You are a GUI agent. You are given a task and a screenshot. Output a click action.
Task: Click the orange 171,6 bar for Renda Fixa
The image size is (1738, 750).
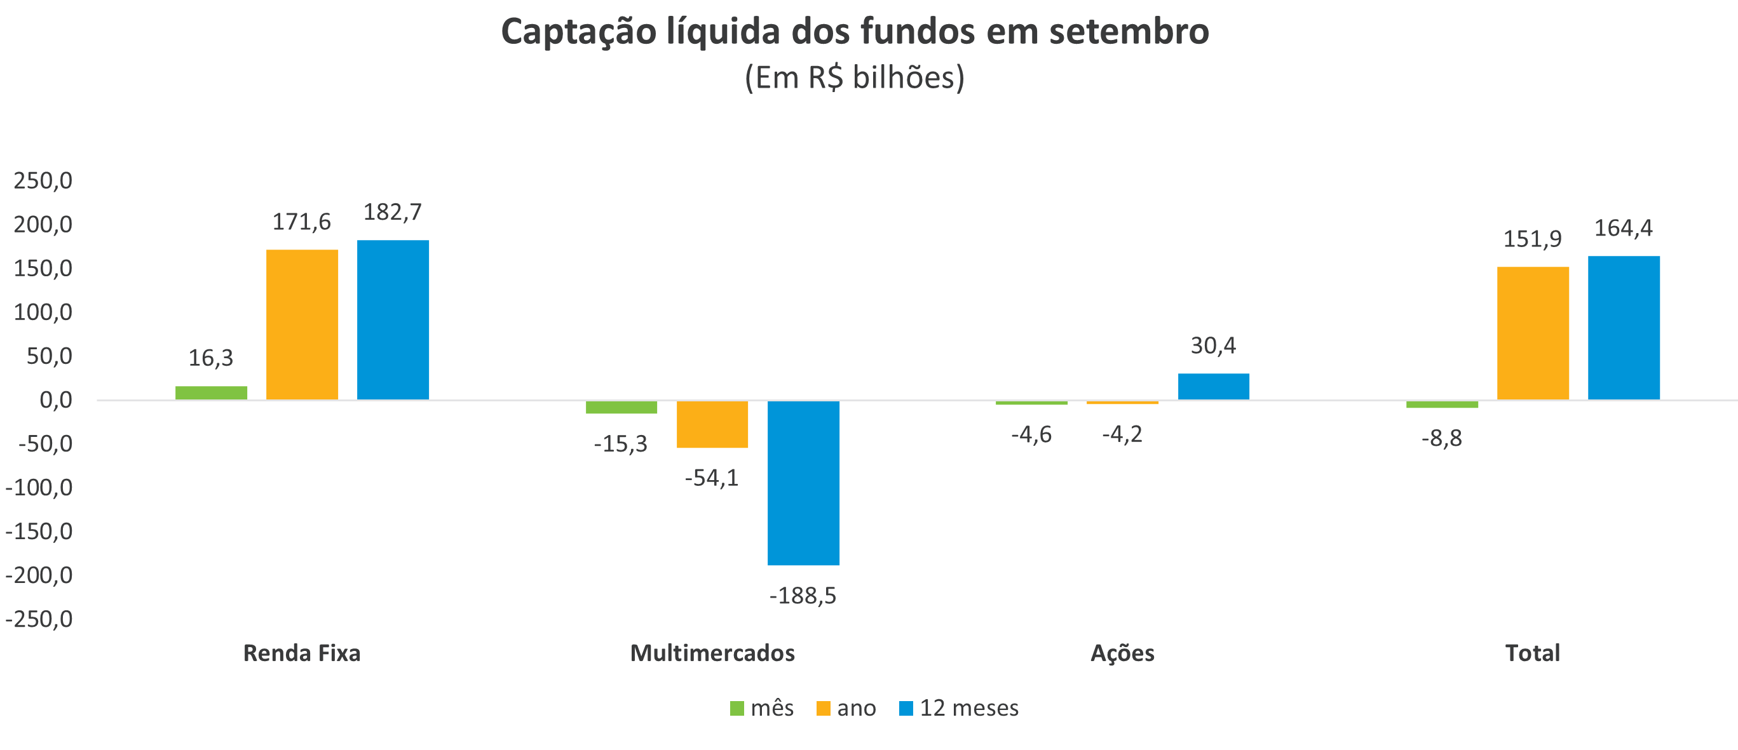(x=302, y=325)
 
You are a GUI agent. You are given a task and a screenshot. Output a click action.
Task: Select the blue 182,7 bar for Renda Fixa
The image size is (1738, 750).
(x=393, y=319)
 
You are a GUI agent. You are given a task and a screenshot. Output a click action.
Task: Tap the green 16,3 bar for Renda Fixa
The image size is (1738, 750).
(x=211, y=392)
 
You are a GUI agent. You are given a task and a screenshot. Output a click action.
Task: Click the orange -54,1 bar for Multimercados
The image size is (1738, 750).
(x=712, y=424)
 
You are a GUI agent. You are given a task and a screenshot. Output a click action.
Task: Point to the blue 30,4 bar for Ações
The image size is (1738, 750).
(x=1213, y=387)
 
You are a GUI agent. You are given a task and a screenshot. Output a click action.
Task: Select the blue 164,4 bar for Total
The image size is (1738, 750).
(x=1624, y=328)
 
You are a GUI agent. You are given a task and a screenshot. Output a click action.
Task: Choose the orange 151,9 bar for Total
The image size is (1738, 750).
(x=1532, y=333)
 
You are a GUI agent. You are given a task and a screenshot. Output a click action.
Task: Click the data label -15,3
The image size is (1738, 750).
(x=620, y=444)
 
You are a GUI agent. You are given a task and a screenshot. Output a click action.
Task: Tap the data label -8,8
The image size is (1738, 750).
(x=1441, y=438)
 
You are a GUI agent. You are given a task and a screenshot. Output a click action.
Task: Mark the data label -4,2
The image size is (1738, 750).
(x=1122, y=434)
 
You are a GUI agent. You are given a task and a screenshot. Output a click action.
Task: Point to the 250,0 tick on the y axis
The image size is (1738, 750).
(x=43, y=181)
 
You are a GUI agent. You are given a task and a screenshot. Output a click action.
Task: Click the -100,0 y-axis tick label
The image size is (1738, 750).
(x=39, y=488)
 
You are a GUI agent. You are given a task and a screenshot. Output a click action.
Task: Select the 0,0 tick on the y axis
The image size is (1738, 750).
(x=55, y=400)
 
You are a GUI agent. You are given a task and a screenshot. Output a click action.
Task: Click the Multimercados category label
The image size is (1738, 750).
(x=712, y=653)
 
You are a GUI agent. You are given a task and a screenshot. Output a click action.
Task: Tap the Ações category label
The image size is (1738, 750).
(x=1122, y=653)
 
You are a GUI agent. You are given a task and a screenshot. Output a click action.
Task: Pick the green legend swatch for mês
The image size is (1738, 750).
(x=737, y=708)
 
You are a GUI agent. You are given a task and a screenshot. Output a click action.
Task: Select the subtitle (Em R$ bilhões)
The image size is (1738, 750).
(x=854, y=77)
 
